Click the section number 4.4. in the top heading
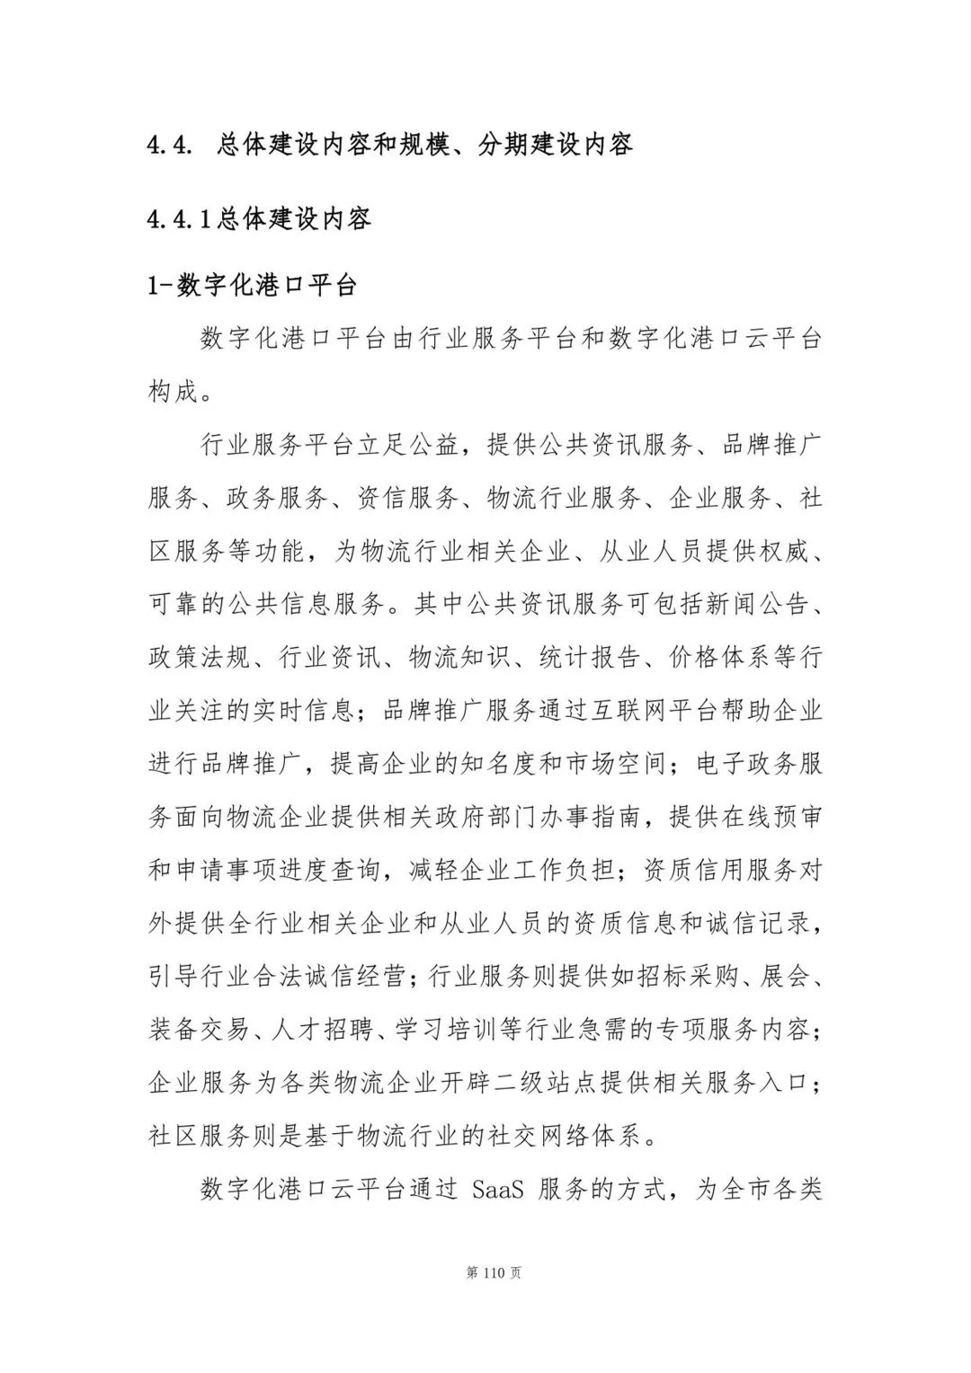(x=170, y=145)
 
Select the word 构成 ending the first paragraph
(x=173, y=392)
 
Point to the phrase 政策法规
(x=199, y=658)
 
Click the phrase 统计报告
(x=589, y=658)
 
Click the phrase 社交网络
(x=566, y=1137)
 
